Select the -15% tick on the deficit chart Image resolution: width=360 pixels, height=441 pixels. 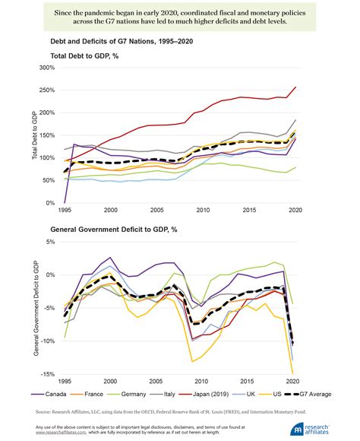tap(49, 374)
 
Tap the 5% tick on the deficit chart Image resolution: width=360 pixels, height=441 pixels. tap(52, 242)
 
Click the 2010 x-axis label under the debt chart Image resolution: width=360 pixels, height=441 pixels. tap(201, 210)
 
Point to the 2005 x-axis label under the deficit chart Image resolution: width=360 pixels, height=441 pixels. tap(156, 381)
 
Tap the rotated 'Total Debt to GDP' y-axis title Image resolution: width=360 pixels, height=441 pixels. tap(34, 135)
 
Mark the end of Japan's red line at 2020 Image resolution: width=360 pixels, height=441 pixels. tap(295, 87)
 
